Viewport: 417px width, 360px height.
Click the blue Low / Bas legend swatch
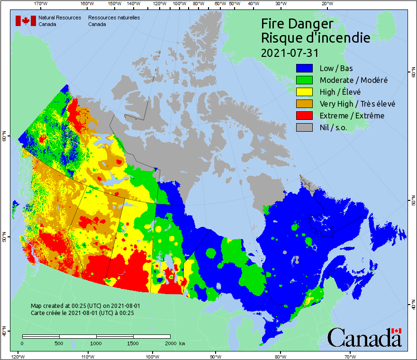(x=305, y=69)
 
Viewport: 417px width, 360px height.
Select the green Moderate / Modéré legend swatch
(x=305, y=81)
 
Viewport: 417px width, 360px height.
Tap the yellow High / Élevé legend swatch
(x=305, y=92)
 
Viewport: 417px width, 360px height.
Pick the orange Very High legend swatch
(x=305, y=104)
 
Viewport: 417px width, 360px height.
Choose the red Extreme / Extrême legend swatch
(x=305, y=116)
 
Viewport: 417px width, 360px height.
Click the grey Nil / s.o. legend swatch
(x=305, y=128)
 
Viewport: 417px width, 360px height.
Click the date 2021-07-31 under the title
(x=290, y=52)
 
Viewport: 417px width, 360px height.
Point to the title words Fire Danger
(x=297, y=24)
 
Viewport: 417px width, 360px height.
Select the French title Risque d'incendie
(x=316, y=38)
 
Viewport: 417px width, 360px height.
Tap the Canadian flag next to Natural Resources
(x=26, y=21)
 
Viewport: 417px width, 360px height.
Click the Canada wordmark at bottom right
(x=364, y=337)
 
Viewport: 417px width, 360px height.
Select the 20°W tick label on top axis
(x=326, y=4)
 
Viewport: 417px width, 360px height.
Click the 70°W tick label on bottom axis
(x=350, y=356)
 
